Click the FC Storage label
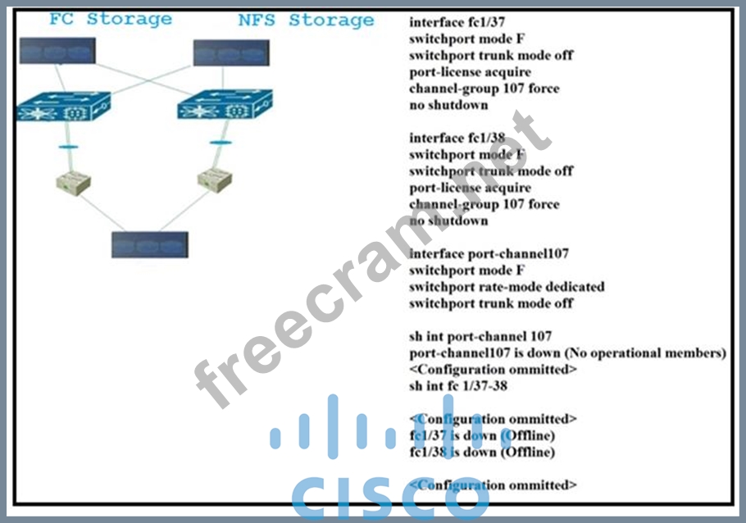pyautogui.click(x=110, y=19)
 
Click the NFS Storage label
pyautogui.click(x=306, y=20)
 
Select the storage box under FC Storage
pyautogui.click(x=57, y=52)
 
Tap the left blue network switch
pyautogui.click(x=62, y=107)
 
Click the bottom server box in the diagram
pyautogui.click(x=150, y=244)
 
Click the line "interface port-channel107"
pyautogui.click(x=489, y=253)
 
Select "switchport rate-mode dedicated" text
pyautogui.click(x=507, y=287)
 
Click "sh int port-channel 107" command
pyautogui.click(x=480, y=336)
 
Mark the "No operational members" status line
pyautogui.click(x=567, y=352)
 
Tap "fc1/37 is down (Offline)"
pyautogui.click(x=482, y=435)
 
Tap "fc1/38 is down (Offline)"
pyautogui.click(x=482, y=452)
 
